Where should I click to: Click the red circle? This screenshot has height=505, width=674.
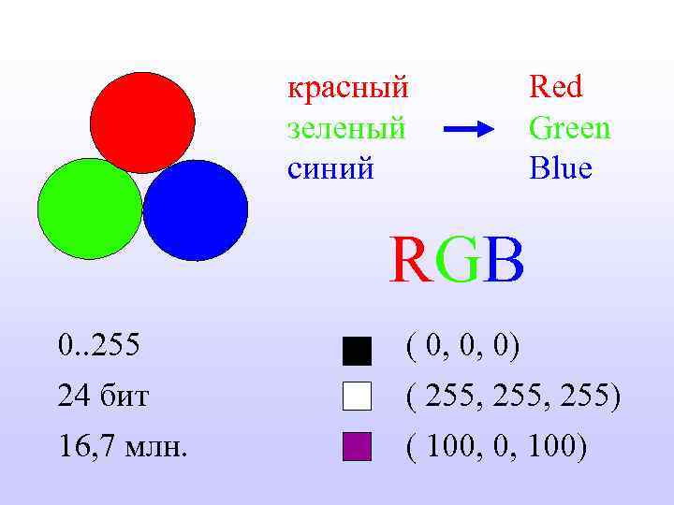(x=142, y=122)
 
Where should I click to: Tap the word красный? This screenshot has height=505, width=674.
(x=347, y=88)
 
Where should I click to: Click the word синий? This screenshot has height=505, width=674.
(x=330, y=169)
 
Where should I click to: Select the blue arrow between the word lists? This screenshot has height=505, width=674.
(x=467, y=130)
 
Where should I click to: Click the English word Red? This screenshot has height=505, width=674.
(x=555, y=88)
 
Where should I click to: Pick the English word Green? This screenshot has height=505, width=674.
(x=569, y=128)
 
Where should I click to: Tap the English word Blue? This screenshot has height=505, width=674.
(x=560, y=169)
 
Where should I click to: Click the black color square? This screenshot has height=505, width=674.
(x=358, y=351)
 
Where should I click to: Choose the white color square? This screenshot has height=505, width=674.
(x=358, y=397)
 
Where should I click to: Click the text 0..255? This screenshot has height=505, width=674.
(x=98, y=347)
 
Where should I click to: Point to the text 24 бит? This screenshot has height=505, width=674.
(x=103, y=397)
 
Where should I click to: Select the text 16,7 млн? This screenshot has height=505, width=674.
(x=122, y=447)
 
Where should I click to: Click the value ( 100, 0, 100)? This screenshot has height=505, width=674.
(x=496, y=447)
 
